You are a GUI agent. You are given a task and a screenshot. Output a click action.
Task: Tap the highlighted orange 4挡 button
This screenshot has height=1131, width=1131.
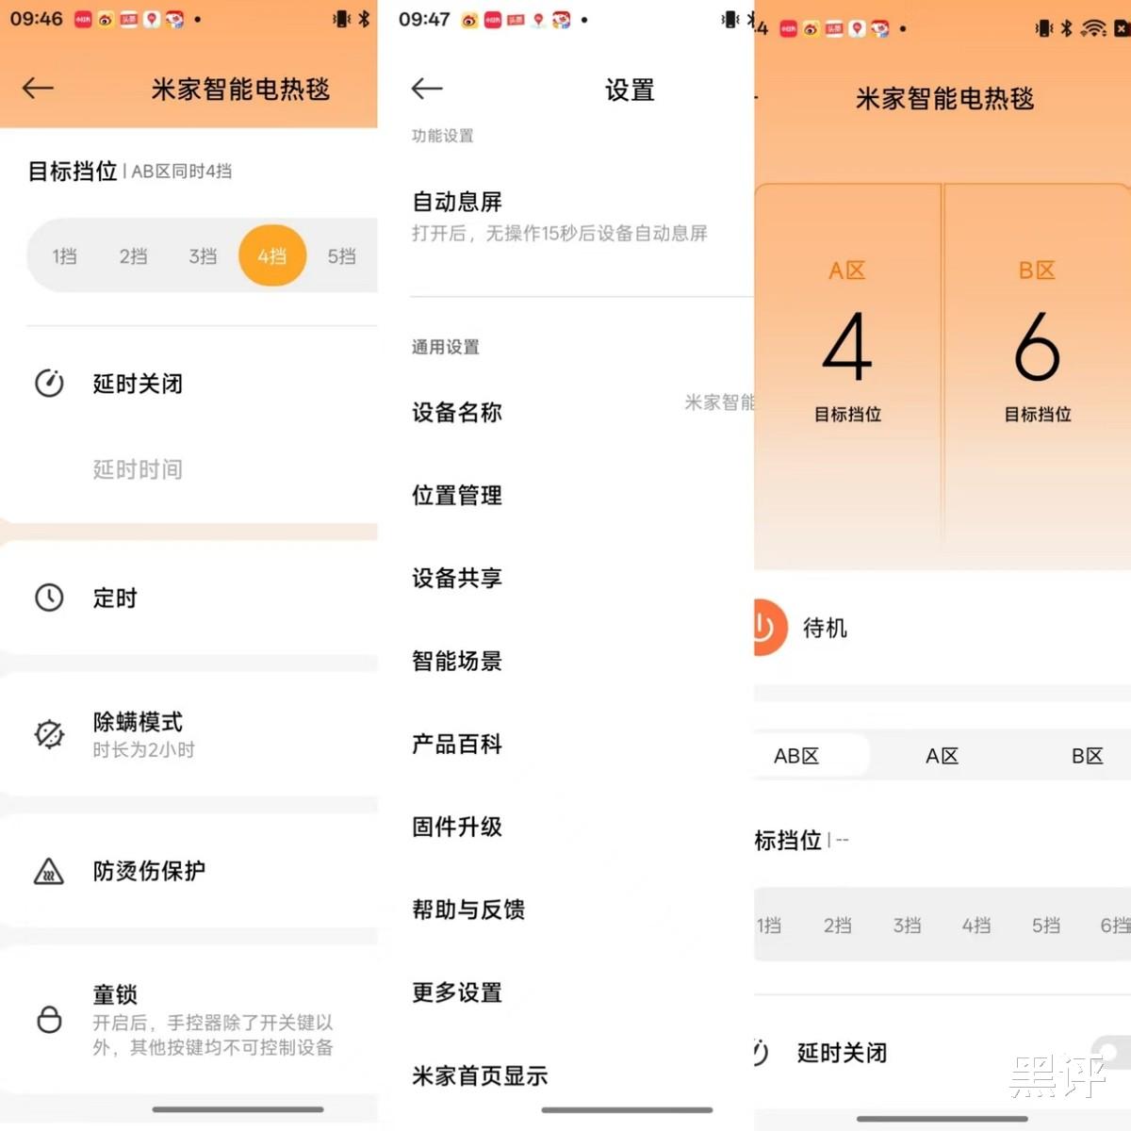(272, 255)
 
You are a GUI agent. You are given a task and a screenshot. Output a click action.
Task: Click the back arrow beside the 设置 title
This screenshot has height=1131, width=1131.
(427, 89)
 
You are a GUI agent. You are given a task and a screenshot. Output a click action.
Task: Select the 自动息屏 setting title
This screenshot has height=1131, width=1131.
(456, 202)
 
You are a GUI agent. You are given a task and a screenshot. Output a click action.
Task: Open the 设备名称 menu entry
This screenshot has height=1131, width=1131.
(456, 412)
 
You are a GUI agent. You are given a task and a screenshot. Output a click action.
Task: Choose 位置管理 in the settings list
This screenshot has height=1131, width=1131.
(456, 495)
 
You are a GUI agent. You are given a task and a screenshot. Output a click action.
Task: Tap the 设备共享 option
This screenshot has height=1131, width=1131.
(456, 578)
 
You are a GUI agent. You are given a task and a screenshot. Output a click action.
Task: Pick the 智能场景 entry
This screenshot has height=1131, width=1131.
(456, 661)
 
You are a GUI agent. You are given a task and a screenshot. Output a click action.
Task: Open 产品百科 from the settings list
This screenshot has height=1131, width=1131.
(456, 744)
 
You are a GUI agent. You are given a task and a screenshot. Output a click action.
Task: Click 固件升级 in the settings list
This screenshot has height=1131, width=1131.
(456, 827)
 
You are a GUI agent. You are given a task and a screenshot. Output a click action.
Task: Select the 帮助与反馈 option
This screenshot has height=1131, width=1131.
(468, 910)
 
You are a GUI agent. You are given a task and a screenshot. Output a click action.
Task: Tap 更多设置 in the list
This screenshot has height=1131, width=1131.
(456, 992)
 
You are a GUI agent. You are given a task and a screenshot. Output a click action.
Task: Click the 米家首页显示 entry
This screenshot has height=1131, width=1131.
(480, 1075)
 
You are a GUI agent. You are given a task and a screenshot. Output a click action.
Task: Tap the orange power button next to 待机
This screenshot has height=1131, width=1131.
(769, 627)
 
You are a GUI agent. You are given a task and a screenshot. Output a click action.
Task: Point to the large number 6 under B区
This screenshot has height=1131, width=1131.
(1037, 346)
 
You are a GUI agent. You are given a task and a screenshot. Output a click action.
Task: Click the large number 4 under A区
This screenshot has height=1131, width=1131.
(847, 346)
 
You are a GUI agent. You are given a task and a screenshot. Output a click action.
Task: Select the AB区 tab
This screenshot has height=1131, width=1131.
(795, 755)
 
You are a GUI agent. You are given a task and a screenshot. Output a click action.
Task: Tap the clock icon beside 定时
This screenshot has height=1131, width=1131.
(49, 598)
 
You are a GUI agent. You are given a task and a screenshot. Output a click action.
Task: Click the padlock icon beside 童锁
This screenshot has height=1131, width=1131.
(49, 1019)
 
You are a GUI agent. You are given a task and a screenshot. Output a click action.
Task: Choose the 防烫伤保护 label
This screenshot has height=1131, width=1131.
(149, 871)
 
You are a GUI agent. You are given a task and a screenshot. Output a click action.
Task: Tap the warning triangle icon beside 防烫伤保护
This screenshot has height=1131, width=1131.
(49, 871)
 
